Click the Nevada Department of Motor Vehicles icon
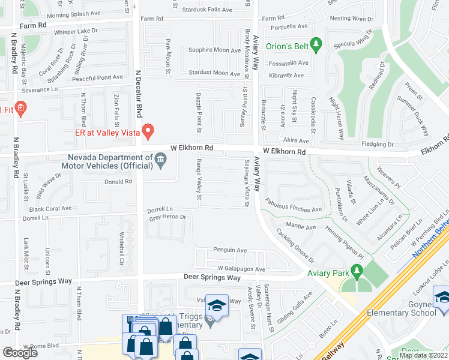(x=160, y=159)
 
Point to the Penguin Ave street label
(x=230, y=250)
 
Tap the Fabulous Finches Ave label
(x=294, y=206)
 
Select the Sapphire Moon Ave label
(x=215, y=50)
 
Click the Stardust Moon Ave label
(x=214, y=73)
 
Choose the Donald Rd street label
(x=118, y=182)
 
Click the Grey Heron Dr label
(x=168, y=217)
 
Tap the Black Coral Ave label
(x=50, y=208)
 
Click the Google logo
(x=20, y=353)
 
